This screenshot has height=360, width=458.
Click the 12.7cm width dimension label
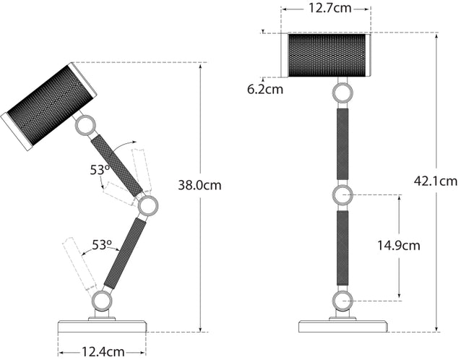click(327, 9)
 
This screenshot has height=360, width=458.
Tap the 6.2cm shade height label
click(264, 90)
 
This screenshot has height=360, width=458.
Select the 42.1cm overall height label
click(436, 181)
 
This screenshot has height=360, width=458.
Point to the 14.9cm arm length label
click(398, 245)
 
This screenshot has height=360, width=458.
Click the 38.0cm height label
click(199, 185)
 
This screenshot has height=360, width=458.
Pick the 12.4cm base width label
click(101, 352)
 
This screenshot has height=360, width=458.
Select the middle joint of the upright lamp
click(342, 195)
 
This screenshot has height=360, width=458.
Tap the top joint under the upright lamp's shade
click(342, 93)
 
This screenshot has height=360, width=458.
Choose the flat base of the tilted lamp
click(102, 327)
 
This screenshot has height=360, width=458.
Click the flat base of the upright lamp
click(342, 326)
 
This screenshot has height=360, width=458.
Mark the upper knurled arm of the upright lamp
click(342, 144)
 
